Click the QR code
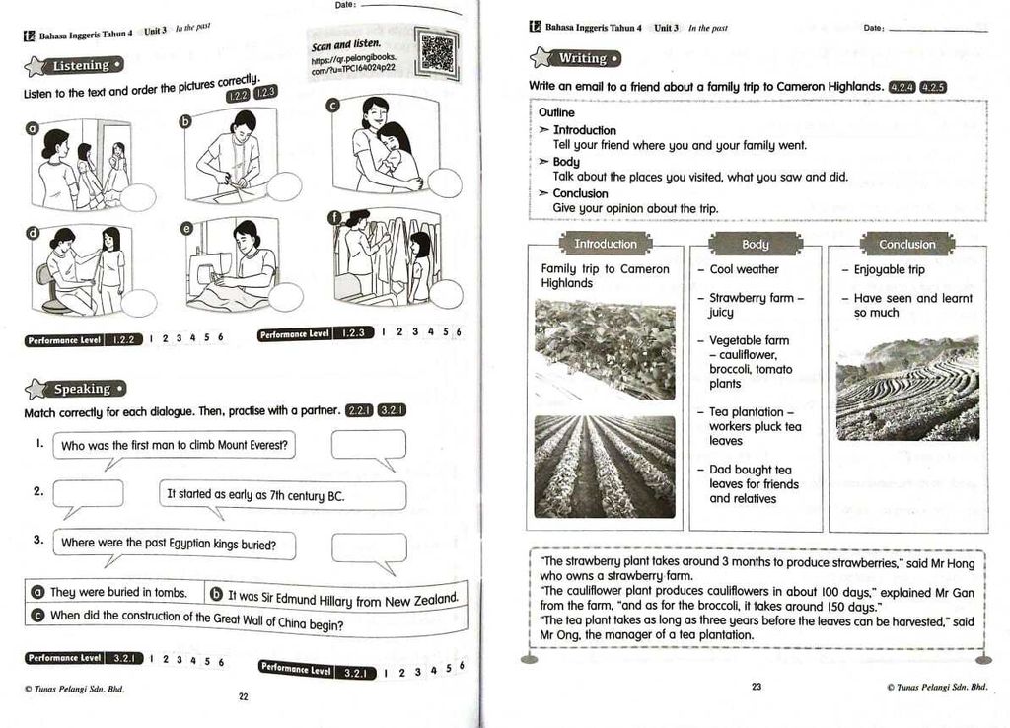(437, 54)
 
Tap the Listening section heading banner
(78, 66)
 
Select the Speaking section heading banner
(77, 389)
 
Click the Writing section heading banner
(578, 59)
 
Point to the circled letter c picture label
(333, 106)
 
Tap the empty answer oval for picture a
(137, 197)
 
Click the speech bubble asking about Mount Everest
(174, 446)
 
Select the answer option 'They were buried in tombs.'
(118, 592)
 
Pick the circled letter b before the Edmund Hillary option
(216, 595)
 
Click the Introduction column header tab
(606, 244)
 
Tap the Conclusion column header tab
(906, 245)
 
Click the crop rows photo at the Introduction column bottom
(605, 466)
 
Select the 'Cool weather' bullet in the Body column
(744, 269)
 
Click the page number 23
(757, 687)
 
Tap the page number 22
(244, 696)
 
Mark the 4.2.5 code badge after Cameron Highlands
(933, 87)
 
